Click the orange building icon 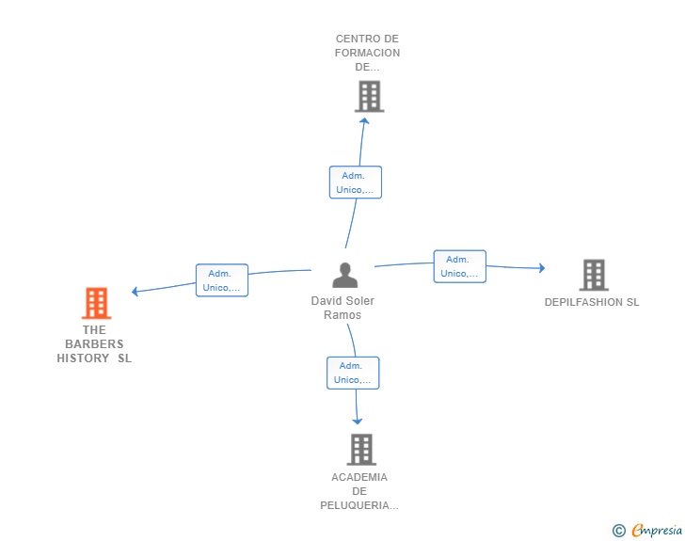[97, 303]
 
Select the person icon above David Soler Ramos [345, 275]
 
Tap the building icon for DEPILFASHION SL [594, 275]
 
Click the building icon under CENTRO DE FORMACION [370, 96]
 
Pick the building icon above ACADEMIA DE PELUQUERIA [361, 449]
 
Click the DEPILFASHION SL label [592, 302]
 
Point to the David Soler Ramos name [342, 308]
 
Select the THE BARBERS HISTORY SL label [94, 344]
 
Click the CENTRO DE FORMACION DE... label [367, 53]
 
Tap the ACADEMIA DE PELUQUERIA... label [359, 491]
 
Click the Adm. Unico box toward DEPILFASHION [459, 266]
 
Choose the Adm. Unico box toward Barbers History [222, 280]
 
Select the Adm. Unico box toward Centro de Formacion [356, 183]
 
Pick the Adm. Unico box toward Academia [353, 373]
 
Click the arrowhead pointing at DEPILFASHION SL [542, 268]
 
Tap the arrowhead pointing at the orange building [135, 292]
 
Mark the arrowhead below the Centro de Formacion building [364, 120]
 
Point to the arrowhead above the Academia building [358, 422]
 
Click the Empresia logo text [657, 531]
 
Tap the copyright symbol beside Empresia [618, 531]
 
